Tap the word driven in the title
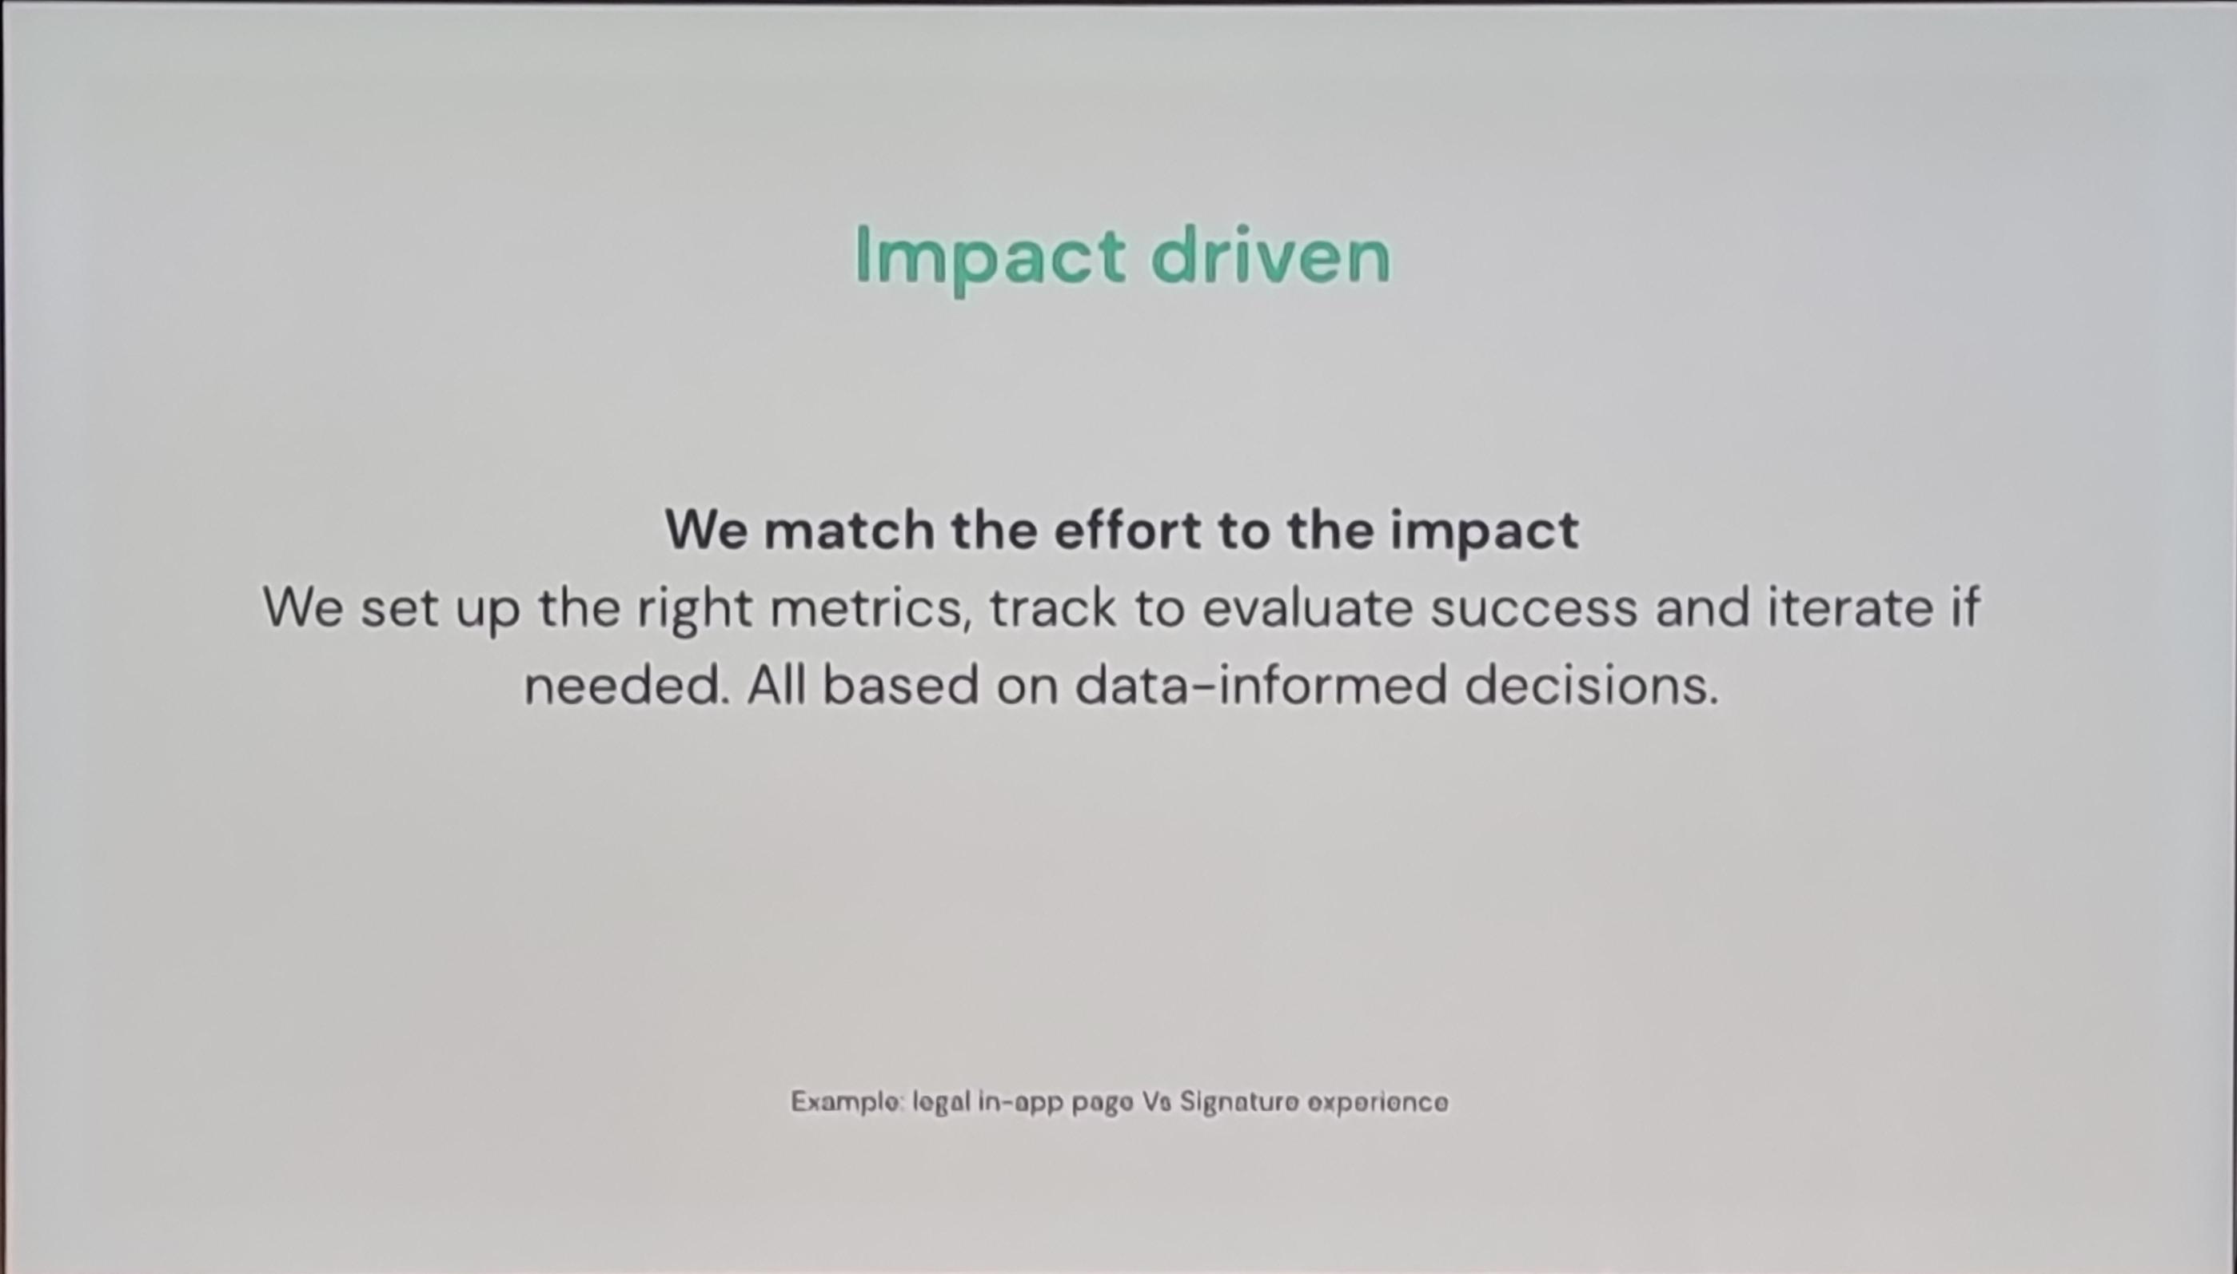coord(1270,253)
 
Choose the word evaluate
coord(1307,608)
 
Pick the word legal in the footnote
coord(942,1102)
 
